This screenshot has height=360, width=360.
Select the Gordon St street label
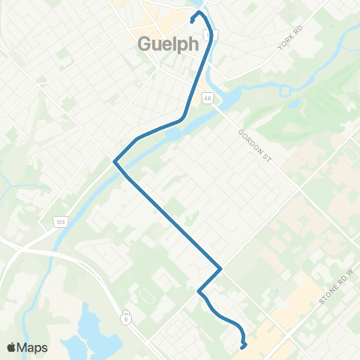click(x=253, y=142)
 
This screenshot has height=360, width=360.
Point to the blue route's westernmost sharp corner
click(x=114, y=160)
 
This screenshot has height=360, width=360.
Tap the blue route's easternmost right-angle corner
click(x=220, y=268)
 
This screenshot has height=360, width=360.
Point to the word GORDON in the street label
click(x=248, y=136)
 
